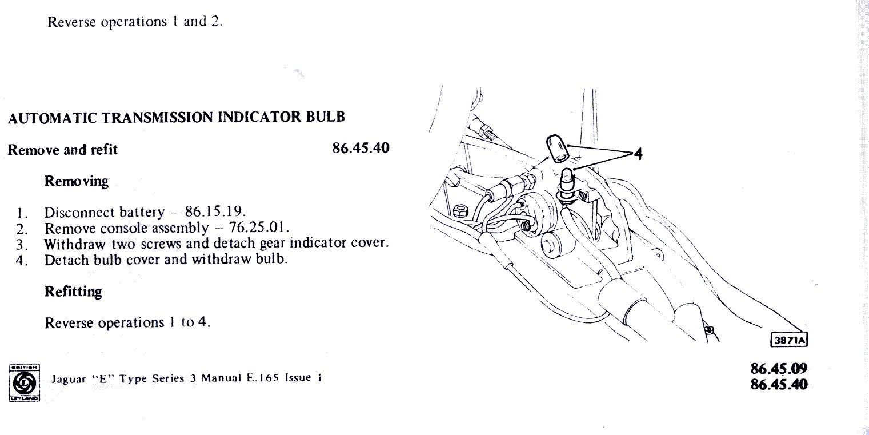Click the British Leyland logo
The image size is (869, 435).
pos(24,382)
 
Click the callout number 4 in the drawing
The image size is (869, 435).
pos(638,154)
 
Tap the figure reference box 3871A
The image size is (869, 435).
pos(788,340)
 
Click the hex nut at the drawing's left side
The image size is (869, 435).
pos(460,211)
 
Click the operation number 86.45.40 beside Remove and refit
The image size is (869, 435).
pos(361,148)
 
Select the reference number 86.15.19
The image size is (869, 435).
pos(215,211)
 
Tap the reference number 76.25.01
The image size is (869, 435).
pos(259,226)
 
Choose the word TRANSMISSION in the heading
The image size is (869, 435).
pos(158,117)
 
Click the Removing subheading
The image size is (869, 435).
pos(76,181)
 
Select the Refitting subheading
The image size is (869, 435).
pos(73,292)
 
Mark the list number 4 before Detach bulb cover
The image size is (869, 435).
pos(22,260)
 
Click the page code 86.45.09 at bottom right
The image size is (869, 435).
pos(779,368)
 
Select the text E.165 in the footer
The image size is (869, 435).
pos(263,378)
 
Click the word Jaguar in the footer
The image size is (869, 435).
pos(69,379)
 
